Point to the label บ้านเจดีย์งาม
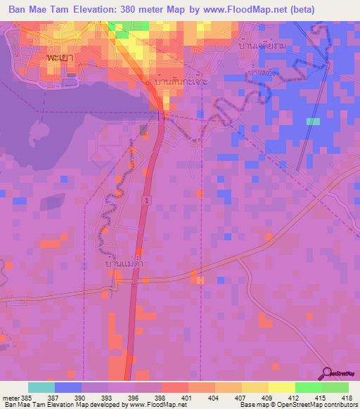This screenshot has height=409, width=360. coord(262,46)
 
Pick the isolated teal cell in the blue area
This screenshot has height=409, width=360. coord(313,121)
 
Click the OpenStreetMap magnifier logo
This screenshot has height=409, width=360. coord(325,374)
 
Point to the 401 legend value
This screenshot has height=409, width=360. coord(187,398)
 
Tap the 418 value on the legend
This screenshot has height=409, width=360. coord(347,398)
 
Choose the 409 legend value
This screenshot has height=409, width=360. coord(267,398)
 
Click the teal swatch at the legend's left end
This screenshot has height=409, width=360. coord(41,387)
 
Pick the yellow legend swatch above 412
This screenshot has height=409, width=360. coord(281,387)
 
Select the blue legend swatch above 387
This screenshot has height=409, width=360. coord(67,387)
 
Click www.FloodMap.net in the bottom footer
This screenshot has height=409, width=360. coord(149,405)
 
